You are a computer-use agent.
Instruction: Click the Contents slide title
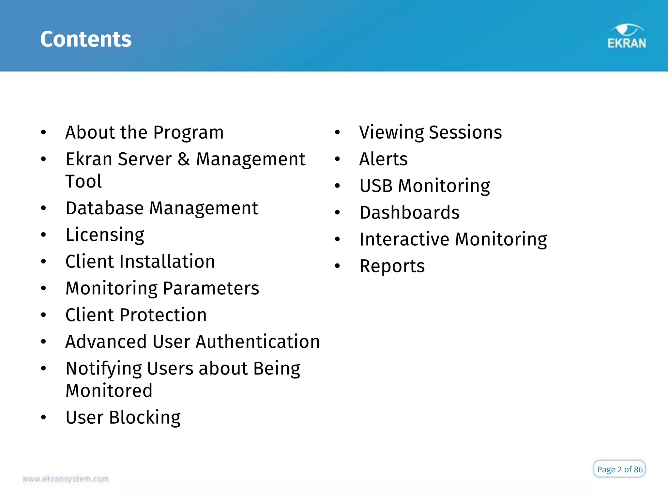point(86,39)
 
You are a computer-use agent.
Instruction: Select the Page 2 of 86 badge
point(619,469)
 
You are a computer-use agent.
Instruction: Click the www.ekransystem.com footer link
point(66,479)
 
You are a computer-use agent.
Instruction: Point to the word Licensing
point(105,235)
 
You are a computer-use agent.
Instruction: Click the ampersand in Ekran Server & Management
point(184,159)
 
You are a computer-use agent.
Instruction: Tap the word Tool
point(83,181)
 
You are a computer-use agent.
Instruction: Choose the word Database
point(104,208)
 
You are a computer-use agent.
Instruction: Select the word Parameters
point(211,288)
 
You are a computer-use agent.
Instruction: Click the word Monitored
point(109,391)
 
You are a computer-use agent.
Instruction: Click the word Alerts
point(383,159)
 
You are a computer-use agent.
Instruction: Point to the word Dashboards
point(409,213)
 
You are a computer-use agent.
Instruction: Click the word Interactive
point(404,239)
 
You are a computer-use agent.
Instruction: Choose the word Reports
point(392,266)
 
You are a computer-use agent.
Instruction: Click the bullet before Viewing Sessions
point(338,132)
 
